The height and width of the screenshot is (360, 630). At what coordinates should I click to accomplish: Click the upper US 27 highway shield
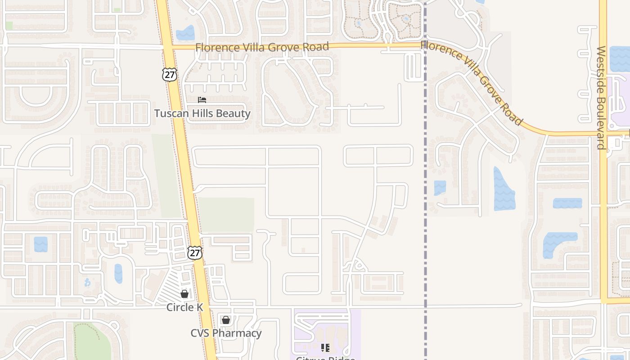[x=170, y=74]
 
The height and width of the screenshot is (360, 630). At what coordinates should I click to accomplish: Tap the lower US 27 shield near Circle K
[x=195, y=252]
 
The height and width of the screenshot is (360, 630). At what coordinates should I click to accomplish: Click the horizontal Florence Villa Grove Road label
[x=262, y=47]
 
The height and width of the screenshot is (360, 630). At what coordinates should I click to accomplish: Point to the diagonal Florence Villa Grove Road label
[x=472, y=83]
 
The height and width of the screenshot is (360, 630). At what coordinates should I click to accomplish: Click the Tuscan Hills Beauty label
[x=202, y=113]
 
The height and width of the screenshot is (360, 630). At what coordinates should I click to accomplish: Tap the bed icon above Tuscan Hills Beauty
[x=202, y=99]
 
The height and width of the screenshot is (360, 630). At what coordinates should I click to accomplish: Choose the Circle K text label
[x=184, y=307]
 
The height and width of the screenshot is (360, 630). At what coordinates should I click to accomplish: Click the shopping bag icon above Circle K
[x=184, y=294]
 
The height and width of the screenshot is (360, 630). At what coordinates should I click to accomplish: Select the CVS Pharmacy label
[x=225, y=333]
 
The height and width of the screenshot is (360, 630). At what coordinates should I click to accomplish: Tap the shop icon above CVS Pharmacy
[x=225, y=320]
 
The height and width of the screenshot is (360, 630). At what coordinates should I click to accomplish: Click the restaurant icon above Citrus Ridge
[x=325, y=348]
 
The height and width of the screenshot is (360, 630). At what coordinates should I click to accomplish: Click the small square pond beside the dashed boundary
[x=440, y=188]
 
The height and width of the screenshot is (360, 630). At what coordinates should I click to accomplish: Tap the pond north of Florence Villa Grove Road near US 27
[x=185, y=33]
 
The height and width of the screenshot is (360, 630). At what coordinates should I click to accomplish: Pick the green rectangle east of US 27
[x=226, y=215]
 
